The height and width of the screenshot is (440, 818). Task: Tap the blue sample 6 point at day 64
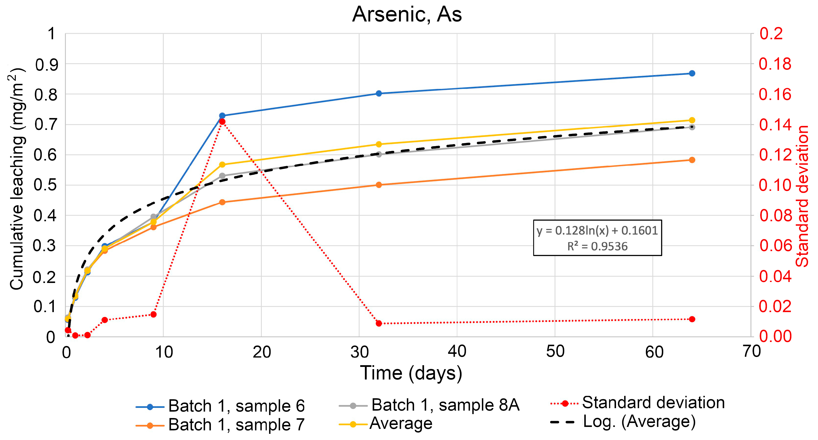(x=692, y=73)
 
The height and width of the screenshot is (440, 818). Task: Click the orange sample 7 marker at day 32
(x=379, y=185)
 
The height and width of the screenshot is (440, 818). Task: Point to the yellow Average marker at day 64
(x=692, y=120)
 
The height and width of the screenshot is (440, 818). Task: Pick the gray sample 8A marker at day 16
(x=222, y=176)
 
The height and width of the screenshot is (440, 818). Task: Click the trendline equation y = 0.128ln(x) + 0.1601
(x=597, y=230)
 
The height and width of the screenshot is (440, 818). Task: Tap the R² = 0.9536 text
(x=597, y=246)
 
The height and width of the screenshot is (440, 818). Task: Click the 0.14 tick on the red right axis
(x=775, y=125)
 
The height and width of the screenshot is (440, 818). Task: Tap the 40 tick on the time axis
(x=457, y=351)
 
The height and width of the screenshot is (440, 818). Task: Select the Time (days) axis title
(x=411, y=373)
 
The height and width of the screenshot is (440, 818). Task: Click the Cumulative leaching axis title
(x=17, y=179)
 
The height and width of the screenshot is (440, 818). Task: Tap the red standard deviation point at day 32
(x=379, y=323)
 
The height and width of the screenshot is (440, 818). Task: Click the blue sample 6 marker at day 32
(x=379, y=93)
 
